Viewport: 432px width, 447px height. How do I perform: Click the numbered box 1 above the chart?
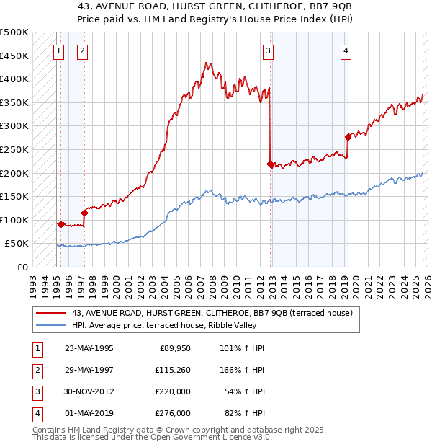coord(58,50)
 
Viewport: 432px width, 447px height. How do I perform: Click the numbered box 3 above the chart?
coord(268,50)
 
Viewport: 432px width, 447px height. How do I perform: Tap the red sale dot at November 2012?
coord(270,164)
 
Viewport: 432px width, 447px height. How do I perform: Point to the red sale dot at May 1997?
coord(84,213)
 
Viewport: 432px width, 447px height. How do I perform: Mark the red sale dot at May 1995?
coord(60,224)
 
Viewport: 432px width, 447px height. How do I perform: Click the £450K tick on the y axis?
coord(14,56)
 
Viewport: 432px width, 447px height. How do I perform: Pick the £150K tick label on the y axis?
coord(14,196)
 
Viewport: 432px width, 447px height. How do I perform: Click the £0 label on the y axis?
coord(22,267)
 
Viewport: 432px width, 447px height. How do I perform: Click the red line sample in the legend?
coord(51,313)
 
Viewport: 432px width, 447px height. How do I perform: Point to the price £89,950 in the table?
coord(174,348)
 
